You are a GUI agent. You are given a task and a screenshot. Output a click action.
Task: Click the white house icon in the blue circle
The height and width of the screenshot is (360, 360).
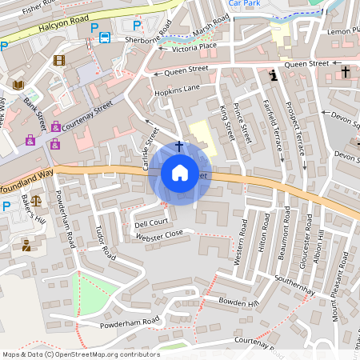pyautogui.click(x=179, y=173)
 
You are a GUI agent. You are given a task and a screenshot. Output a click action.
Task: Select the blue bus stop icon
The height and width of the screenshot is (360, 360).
pyautogui.click(x=106, y=38)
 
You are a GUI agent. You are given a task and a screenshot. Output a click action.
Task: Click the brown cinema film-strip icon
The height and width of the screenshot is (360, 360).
pyautogui.click(x=59, y=60)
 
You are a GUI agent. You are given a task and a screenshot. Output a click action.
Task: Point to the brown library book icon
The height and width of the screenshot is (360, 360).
pyautogui.click(x=18, y=85)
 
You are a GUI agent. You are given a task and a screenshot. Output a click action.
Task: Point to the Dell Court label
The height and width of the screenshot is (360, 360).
pyautogui.click(x=151, y=222)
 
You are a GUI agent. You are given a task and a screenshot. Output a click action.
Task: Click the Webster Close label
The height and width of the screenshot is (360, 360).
pyautogui.click(x=159, y=233)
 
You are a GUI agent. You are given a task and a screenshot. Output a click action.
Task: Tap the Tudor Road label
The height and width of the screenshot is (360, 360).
pyautogui.click(x=102, y=238)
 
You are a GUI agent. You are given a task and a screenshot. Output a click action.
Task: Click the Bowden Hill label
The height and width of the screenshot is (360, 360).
pyautogui.click(x=238, y=302)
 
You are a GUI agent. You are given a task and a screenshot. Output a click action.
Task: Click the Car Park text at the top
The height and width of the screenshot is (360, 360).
pyautogui.click(x=244, y=4)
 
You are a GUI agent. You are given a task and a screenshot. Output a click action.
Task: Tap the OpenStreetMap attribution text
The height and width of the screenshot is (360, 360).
pyautogui.click(x=80, y=354)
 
